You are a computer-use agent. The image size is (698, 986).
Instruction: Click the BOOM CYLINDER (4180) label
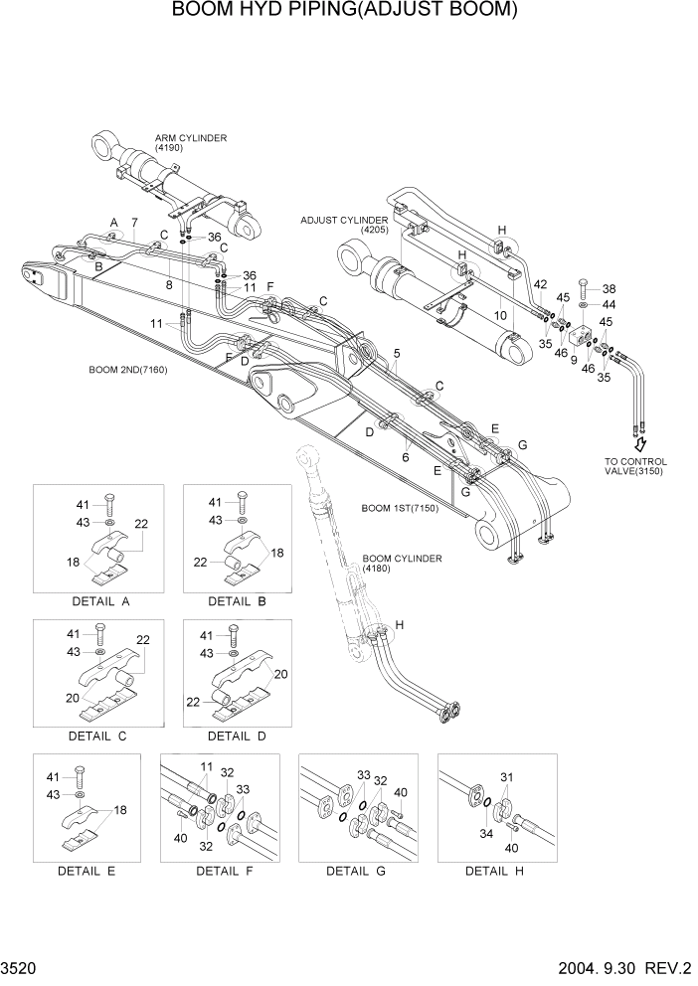coord(402,564)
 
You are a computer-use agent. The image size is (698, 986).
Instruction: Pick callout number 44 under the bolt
coord(609,304)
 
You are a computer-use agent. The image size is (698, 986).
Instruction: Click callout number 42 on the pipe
coord(539,285)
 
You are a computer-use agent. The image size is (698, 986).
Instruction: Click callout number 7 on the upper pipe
coord(134,221)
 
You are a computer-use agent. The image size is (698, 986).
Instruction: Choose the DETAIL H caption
coord(494,871)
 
